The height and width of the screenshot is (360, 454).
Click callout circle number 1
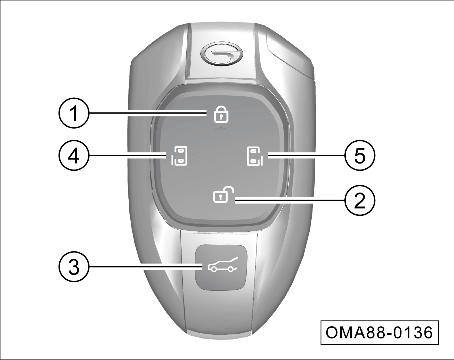[x=74, y=113]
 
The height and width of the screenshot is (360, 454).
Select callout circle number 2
[x=360, y=200]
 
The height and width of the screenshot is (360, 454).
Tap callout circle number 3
[x=74, y=267]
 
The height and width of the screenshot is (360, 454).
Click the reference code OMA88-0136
[x=379, y=333]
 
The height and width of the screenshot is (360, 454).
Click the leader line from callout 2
[x=290, y=200]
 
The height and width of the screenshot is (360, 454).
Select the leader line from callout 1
[x=147, y=114]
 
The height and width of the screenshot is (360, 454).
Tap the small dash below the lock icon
[x=219, y=128]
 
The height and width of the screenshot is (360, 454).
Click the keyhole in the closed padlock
[x=221, y=117]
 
